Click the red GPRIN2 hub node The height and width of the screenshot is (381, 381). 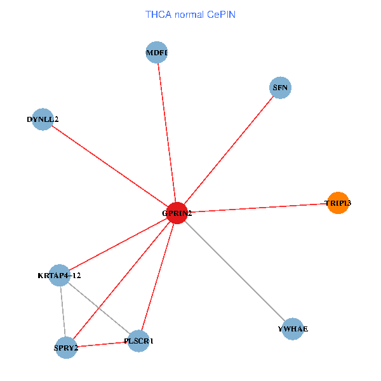point(176,213)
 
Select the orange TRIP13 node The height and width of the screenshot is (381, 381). point(338,203)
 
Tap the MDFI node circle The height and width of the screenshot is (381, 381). point(156,53)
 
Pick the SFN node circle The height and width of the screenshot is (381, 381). point(280,88)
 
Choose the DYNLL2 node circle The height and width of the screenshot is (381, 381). point(43,119)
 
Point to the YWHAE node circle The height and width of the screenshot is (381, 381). point(292,328)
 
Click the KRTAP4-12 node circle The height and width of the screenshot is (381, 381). point(59,275)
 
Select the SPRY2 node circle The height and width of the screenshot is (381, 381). point(66,347)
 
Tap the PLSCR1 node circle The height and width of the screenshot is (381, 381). point(138,342)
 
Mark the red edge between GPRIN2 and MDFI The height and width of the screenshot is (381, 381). point(166,133)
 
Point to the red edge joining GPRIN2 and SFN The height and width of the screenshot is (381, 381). point(228,150)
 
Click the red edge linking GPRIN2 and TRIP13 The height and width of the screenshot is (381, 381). point(257,208)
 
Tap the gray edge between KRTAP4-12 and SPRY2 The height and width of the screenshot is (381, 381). point(62,311)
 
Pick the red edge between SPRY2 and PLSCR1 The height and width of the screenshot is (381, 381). point(102,345)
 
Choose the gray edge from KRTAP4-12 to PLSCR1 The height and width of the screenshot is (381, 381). point(98,308)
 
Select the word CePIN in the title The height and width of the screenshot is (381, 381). point(221,14)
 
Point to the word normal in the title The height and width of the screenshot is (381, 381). point(189,14)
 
